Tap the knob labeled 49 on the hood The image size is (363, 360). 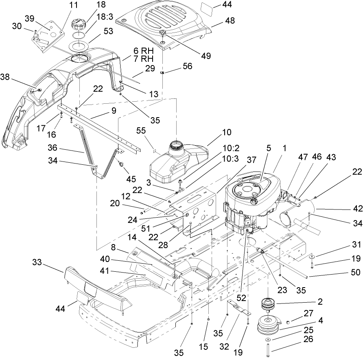pos(163,33)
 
